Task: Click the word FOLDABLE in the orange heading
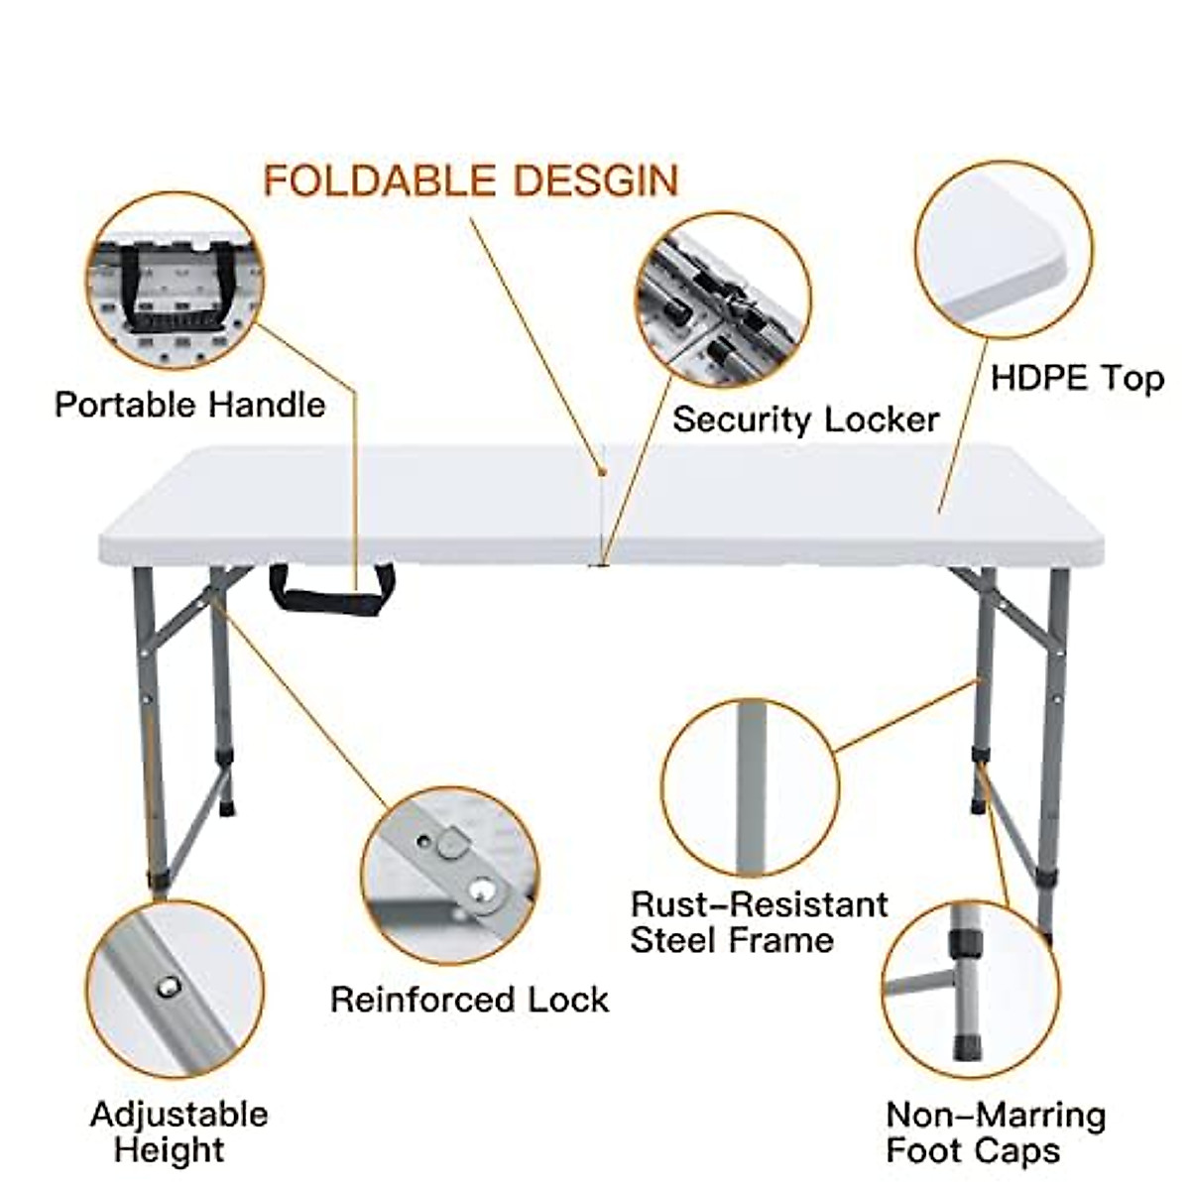coord(379,180)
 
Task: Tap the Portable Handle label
coord(189,405)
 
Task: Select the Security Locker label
coord(805,418)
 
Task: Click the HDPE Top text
coord(1077,378)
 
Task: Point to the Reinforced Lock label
coord(469,999)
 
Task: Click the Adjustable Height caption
coord(178,1131)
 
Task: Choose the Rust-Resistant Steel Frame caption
coord(759,921)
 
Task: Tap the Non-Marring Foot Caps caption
coord(995,1132)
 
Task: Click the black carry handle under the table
coord(331,590)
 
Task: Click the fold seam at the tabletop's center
coord(603,506)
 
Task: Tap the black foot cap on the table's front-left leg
coord(159,879)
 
